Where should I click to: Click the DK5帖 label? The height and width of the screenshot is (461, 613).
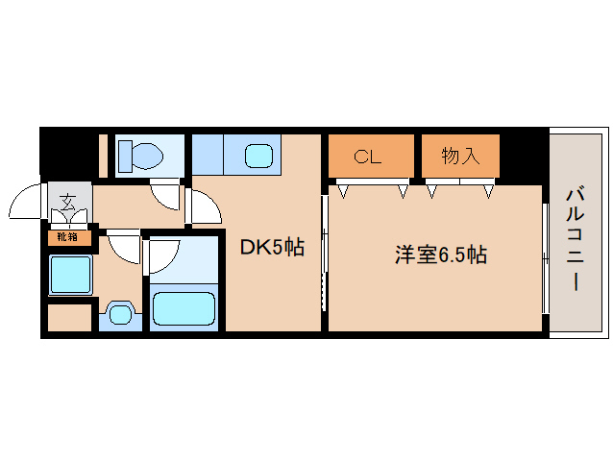point(271,248)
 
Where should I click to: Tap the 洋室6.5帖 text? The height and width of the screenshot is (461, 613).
point(441,255)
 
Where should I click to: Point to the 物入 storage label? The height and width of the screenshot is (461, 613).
point(460,157)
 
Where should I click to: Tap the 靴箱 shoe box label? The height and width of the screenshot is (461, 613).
point(67,236)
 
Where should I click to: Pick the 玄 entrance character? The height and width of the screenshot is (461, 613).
point(68,202)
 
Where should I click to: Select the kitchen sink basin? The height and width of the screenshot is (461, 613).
point(258,155)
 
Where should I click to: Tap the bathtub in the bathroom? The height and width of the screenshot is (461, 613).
point(184,308)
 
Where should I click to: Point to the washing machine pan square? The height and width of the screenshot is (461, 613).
point(70,276)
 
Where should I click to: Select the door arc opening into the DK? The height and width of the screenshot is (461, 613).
point(204,206)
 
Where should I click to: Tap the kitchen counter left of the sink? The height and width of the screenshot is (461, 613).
point(208,155)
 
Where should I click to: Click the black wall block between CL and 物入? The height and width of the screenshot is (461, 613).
point(418,157)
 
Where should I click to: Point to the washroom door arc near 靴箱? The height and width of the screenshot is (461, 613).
point(123,247)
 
